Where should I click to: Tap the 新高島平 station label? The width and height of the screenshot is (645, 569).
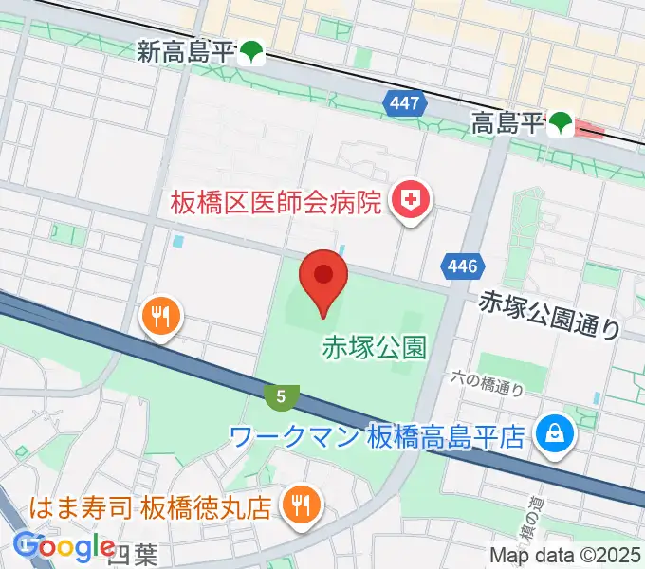click(x=185, y=52)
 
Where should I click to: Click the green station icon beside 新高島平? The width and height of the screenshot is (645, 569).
click(x=251, y=53)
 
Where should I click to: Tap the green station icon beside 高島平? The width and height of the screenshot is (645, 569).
click(x=561, y=122)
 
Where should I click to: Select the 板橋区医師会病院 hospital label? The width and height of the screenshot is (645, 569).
click(x=276, y=202)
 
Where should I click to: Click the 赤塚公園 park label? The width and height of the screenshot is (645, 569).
click(x=375, y=347)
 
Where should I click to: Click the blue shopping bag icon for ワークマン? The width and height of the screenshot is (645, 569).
click(x=551, y=435)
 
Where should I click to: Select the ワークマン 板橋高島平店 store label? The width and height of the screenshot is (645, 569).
click(x=377, y=436)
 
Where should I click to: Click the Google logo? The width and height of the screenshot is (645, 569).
click(x=64, y=546)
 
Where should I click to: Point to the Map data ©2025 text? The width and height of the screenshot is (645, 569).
click(x=563, y=555)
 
